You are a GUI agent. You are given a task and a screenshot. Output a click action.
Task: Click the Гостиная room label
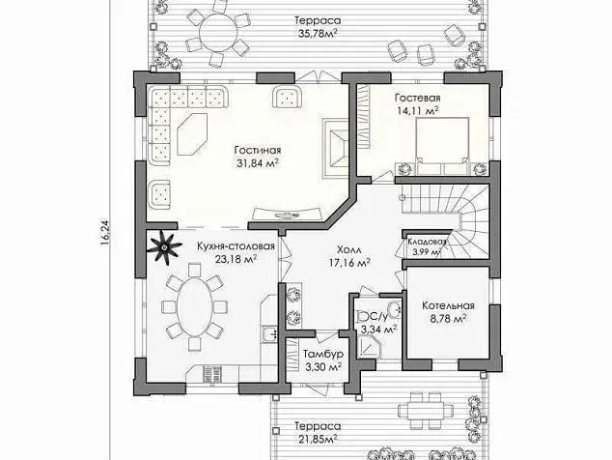[x=257, y=150]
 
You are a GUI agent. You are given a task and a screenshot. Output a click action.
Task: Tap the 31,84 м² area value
[x=257, y=163]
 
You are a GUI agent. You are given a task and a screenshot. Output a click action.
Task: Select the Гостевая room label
[x=417, y=99]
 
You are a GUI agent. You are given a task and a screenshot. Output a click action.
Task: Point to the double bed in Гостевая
[x=443, y=141]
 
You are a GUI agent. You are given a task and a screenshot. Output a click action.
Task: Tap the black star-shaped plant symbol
[x=165, y=248]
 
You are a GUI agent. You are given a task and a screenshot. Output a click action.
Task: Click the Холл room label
[x=349, y=248]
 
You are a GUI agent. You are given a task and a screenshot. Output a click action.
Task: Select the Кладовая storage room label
[x=425, y=242]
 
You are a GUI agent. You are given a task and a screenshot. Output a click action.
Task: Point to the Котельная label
[x=445, y=303]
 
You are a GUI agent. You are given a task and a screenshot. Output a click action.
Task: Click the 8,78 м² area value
[x=445, y=317]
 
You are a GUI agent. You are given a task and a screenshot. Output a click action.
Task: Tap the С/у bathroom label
[x=372, y=316]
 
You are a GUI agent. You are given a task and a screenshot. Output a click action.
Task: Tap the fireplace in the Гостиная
[x=335, y=146]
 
